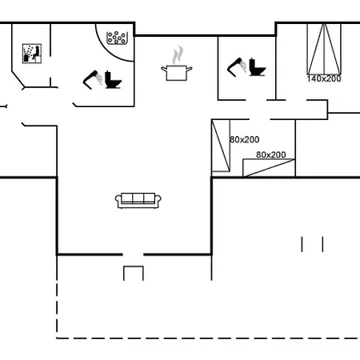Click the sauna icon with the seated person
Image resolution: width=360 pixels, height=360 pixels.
click(32, 54)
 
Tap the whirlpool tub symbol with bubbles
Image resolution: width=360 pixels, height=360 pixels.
click(116, 38)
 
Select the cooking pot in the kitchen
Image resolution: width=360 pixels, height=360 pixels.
click(177, 73)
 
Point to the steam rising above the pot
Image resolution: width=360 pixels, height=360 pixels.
click(178, 55)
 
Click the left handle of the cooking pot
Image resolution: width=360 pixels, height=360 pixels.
click(164, 69)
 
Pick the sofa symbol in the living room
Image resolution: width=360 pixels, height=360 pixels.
click(138, 200)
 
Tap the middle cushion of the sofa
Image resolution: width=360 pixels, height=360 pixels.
click(138, 198)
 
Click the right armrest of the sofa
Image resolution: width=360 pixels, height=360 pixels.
click(158, 201)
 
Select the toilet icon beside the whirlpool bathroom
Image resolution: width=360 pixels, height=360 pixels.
click(113, 80)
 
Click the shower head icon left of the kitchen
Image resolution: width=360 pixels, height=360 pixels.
click(92, 80)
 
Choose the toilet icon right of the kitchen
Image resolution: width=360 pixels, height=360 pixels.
click(258, 67)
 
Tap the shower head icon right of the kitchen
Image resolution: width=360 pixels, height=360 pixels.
click(237, 67)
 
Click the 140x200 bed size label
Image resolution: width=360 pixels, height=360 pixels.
click(324, 78)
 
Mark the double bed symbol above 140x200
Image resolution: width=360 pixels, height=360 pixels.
click(324, 49)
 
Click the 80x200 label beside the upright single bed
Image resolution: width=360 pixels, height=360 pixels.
click(245, 139)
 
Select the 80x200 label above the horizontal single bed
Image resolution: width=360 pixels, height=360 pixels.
click(271, 154)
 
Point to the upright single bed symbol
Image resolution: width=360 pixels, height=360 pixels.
click(221, 146)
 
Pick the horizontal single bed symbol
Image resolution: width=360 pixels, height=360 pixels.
click(269, 168)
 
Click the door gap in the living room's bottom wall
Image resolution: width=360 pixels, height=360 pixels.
click(133, 254)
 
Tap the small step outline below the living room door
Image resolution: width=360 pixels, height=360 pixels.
click(134, 266)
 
